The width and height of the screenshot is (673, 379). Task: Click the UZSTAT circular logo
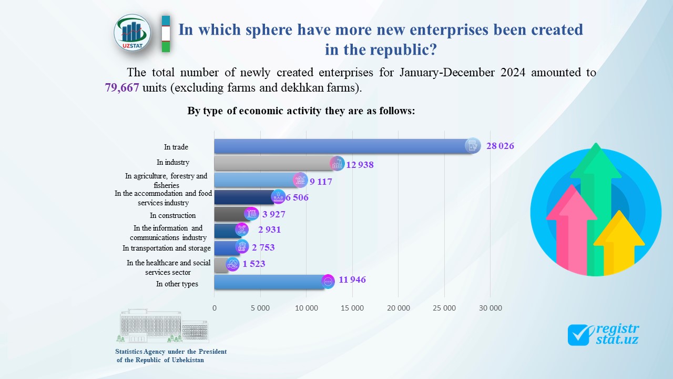coord(132,33)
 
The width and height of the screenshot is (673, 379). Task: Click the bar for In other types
coord(268,282)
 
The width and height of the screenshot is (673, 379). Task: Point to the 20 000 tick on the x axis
coord(398,308)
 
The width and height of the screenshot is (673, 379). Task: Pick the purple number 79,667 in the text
coord(122,87)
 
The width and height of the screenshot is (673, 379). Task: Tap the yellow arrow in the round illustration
coord(619,242)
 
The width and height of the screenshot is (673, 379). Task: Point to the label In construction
coord(172,215)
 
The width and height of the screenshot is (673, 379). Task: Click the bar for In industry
coord(273,163)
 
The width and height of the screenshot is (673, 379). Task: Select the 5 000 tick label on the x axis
coord(260,308)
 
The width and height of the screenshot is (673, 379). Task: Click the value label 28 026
coord(500,146)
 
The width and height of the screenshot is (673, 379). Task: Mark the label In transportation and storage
coord(167,248)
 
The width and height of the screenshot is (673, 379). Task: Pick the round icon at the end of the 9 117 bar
coord(300,180)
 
